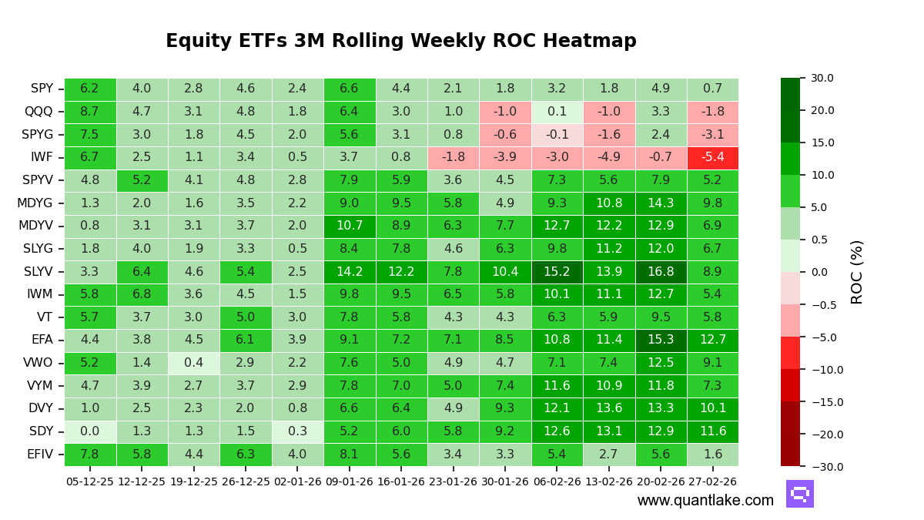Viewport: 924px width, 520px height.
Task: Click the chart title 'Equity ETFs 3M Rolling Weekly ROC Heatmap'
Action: click(x=400, y=41)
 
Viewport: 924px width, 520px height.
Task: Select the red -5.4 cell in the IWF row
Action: click(x=712, y=158)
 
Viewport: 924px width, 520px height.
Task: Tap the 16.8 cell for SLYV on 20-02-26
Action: click(x=661, y=272)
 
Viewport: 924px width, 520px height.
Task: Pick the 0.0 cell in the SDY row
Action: click(x=90, y=432)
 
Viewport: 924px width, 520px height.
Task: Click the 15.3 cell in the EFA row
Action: click(x=661, y=341)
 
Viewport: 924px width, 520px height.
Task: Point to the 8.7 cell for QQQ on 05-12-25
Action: click(x=90, y=112)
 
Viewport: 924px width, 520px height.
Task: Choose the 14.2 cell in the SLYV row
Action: click(x=350, y=272)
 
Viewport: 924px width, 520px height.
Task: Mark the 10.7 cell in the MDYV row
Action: click(x=350, y=226)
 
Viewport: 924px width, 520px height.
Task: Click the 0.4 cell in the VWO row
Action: click(x=194, y=364)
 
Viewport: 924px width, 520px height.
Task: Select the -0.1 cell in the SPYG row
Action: click(x=557, y=135)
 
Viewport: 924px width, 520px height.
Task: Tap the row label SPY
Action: click(x=42, y=89)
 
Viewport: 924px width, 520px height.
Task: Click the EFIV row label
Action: click(x=40, y=455)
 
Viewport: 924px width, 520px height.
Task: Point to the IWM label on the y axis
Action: click(x=40, y=295)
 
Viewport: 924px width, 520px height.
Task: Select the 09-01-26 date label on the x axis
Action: click(x=350, y=481)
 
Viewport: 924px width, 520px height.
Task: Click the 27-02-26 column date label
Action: click(x=712, y=481)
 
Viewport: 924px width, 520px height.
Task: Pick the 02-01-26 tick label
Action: click(x=297, y=481)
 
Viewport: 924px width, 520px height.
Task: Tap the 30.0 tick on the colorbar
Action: click(x=821, y=78)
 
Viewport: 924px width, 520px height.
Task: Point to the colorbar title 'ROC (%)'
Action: click(x=857, y=272)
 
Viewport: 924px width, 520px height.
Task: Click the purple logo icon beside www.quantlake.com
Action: click(x=799, y=494)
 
